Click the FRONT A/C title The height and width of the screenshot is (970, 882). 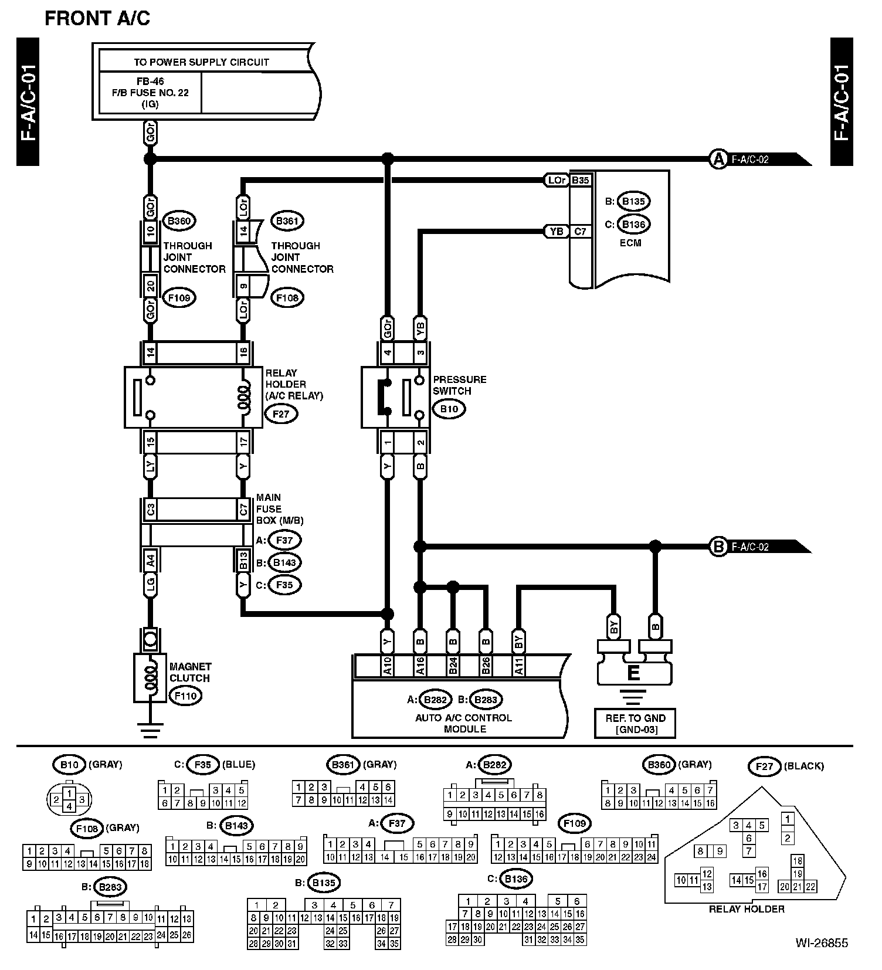(97, 18)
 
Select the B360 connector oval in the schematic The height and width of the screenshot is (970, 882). (178, 221)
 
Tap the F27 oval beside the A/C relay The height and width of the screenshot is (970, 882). (281, 413)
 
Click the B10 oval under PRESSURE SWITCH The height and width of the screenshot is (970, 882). (449, 409)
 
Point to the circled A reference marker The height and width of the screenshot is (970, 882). (718, 159)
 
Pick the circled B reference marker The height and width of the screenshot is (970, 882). (718, 547)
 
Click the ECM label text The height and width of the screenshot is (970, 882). (630, 243)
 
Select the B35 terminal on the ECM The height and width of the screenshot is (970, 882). (580, 181)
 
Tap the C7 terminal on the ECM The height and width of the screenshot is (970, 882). (580, 232)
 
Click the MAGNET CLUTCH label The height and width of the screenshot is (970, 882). (189, 672)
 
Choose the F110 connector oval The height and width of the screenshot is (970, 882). (185, 696)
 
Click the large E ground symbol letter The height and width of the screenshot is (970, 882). (633, 673)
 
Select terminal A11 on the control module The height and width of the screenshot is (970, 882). (518, 666)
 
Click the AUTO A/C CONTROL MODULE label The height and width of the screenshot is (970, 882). (464, 724)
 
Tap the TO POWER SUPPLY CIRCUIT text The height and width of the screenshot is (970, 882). (201, 62)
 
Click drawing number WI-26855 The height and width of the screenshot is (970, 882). (821, 943)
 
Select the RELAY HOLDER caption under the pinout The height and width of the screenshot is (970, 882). (747, 909)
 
